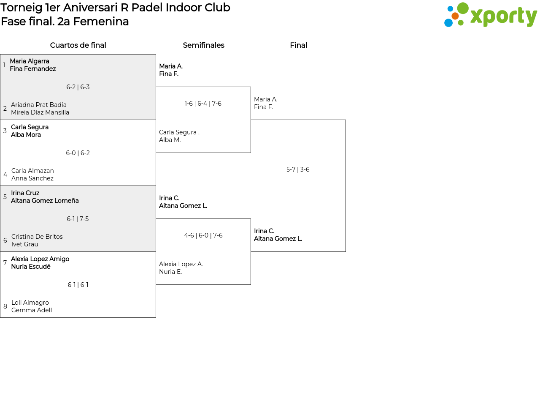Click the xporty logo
point(490,15)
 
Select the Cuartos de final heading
point(78,45)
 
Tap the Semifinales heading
point(203,45)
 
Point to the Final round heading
point(298,45)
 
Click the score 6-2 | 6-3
point(78,87)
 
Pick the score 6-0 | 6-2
point(78,153)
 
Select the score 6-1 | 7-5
point(78,219)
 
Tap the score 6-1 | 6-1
point(78,284)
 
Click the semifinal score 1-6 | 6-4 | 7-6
point(203,103)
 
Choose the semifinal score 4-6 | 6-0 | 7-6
point(203,235)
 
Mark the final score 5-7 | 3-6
point(298,169)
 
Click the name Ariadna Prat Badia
point(39,104)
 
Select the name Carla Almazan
point(32,171)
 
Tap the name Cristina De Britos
point(37,237)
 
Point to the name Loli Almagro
point(30,303)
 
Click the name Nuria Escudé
point(31,266)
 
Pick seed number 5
point(5,197)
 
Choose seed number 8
point(5,306)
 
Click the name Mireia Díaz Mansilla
point(40,112)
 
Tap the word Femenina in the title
point(101,22)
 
